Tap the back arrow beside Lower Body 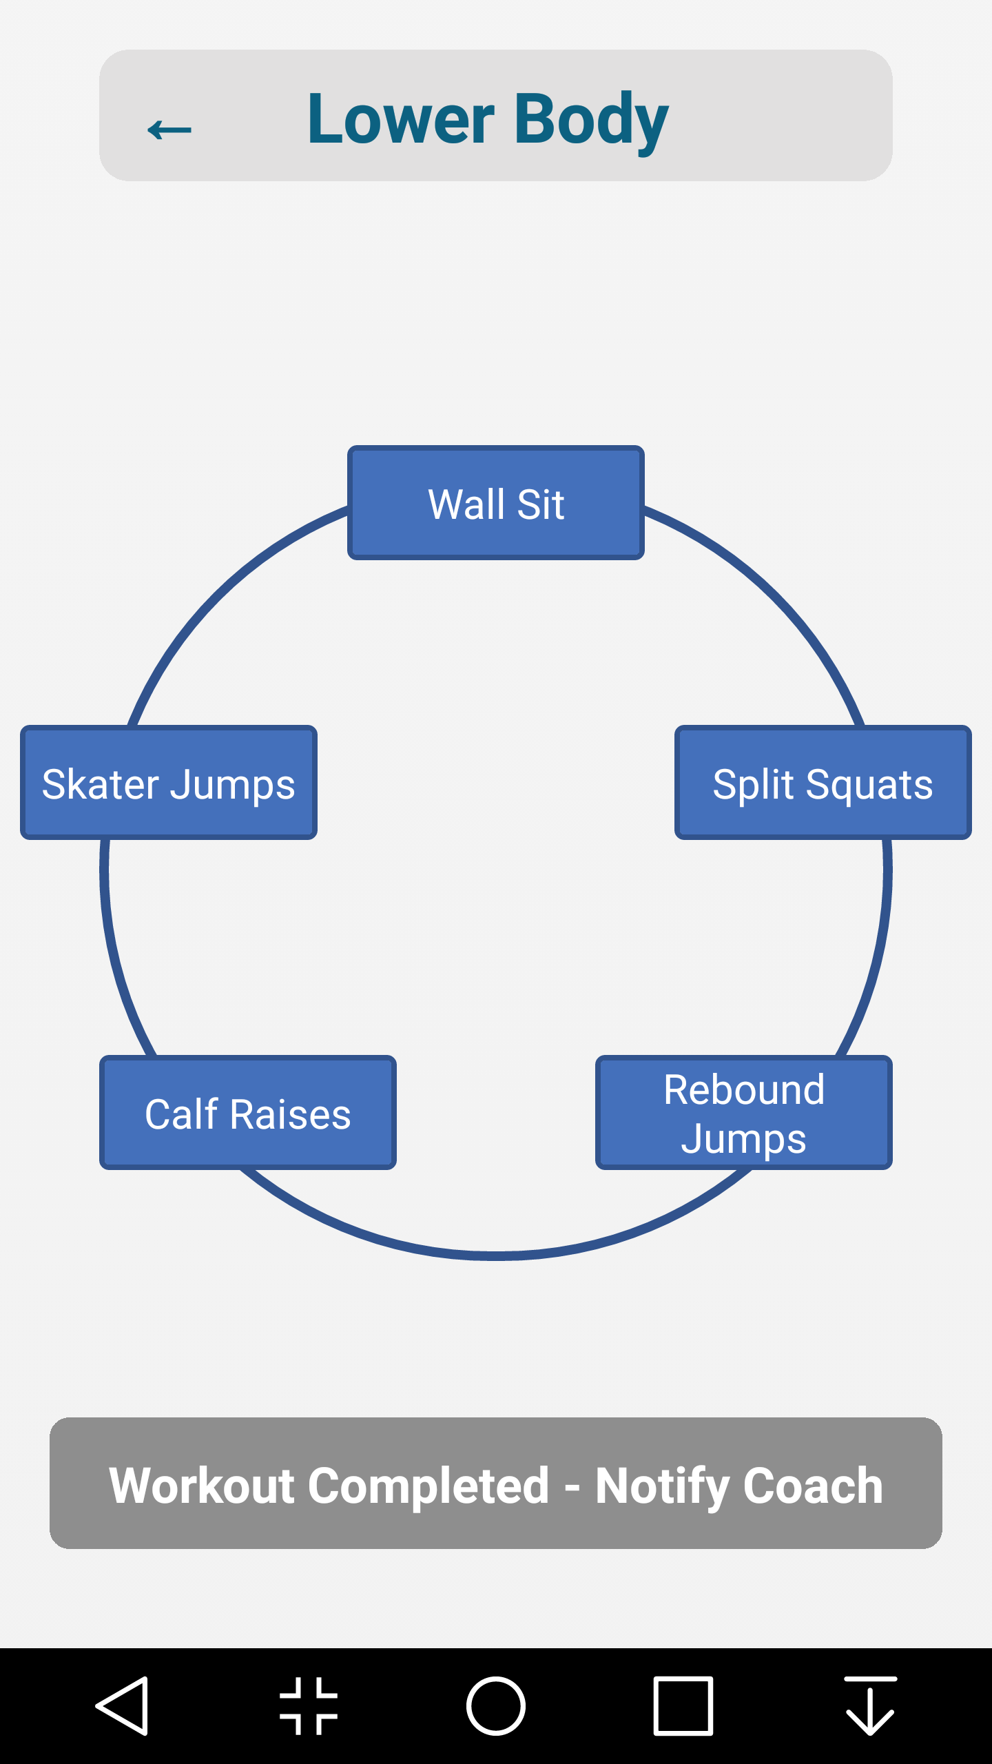pos(169,129)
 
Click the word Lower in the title pos(400,119)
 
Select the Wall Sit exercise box pos(496,503)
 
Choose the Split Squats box pos(823,783)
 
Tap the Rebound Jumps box pos(744,1113)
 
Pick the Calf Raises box pos(248,1113)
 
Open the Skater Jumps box pos(169,783)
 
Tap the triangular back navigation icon pos(123,1706)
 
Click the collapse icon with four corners pos(309,1706)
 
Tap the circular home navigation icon pos(496,1706)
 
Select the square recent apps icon pos(683,1706)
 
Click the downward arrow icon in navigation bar pos(870,1706)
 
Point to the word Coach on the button pos(813,1486)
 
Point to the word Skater pos(101,784)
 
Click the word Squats pos(869,784)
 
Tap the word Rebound pos(744,1090)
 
